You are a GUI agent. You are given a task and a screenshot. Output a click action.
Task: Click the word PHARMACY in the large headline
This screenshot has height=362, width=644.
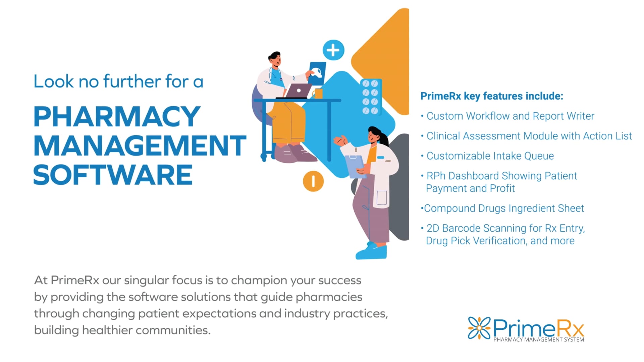[x=117, y=116]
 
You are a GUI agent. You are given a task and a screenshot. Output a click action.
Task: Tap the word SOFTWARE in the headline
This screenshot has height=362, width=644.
[x=113, y=175]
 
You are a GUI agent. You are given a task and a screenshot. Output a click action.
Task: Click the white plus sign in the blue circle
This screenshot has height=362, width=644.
[x=333, y=50]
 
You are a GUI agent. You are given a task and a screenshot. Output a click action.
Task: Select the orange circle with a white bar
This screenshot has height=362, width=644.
[x=313, y=181]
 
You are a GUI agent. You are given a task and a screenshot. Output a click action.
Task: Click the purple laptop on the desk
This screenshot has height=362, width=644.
[x=298, y=91]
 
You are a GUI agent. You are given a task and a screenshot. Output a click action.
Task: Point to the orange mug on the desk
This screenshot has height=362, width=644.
[x=318, y=94]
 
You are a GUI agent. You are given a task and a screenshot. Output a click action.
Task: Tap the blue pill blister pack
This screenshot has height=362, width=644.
[x=370, y=97]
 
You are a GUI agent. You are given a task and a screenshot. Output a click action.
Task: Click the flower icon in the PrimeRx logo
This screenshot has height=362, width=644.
[x=479, y=327]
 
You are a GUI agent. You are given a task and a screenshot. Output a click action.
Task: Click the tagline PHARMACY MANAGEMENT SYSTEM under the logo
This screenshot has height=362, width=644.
[x=538, y=340]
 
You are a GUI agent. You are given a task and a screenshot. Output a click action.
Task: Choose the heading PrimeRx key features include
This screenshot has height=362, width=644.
[x=492, y=96]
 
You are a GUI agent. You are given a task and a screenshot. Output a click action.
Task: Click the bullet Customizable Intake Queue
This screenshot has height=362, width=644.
[x=490, y=156]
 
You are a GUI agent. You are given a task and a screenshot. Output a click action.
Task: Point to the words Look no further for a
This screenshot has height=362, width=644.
[x=118, y=81]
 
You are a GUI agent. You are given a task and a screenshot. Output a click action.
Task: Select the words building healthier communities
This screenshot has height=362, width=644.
[x=122, y=330]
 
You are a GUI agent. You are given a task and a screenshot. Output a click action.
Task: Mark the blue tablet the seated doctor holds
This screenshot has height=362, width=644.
[x=317, y=73]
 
